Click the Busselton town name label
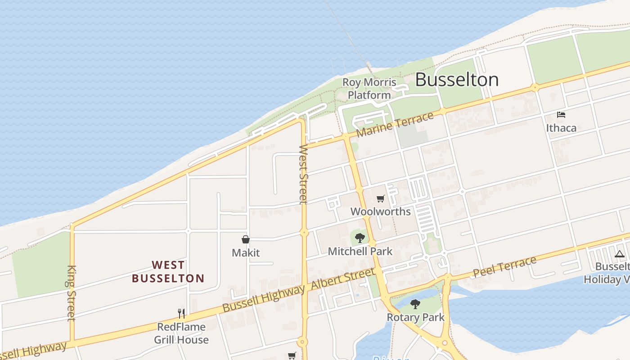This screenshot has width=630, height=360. (x=456, y=80)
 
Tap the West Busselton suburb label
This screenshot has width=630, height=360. (x=168, y=271)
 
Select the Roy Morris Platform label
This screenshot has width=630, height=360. (x=369, y=89)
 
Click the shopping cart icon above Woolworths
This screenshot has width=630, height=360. (x=381, y=198)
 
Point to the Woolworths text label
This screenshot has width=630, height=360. (x=380, y=211)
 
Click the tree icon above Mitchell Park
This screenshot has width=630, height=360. (x=360, y=238)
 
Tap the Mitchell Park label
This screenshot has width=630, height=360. (x=360, y=251)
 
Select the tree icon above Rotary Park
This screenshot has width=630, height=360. (x=415, y=304)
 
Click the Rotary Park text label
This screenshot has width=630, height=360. (x=415, y=317)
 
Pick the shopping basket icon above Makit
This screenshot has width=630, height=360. (x=246, y=239)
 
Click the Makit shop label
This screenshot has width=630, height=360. (x=246, y=252)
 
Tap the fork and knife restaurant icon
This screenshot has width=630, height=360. (x=181, y=313)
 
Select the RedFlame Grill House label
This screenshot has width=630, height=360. (x=181, y=333)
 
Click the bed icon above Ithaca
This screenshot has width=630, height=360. (x=561, y=115)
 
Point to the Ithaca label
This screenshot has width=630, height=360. (x=561, y=128)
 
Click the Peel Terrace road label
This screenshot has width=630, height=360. (x=504, y=267)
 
